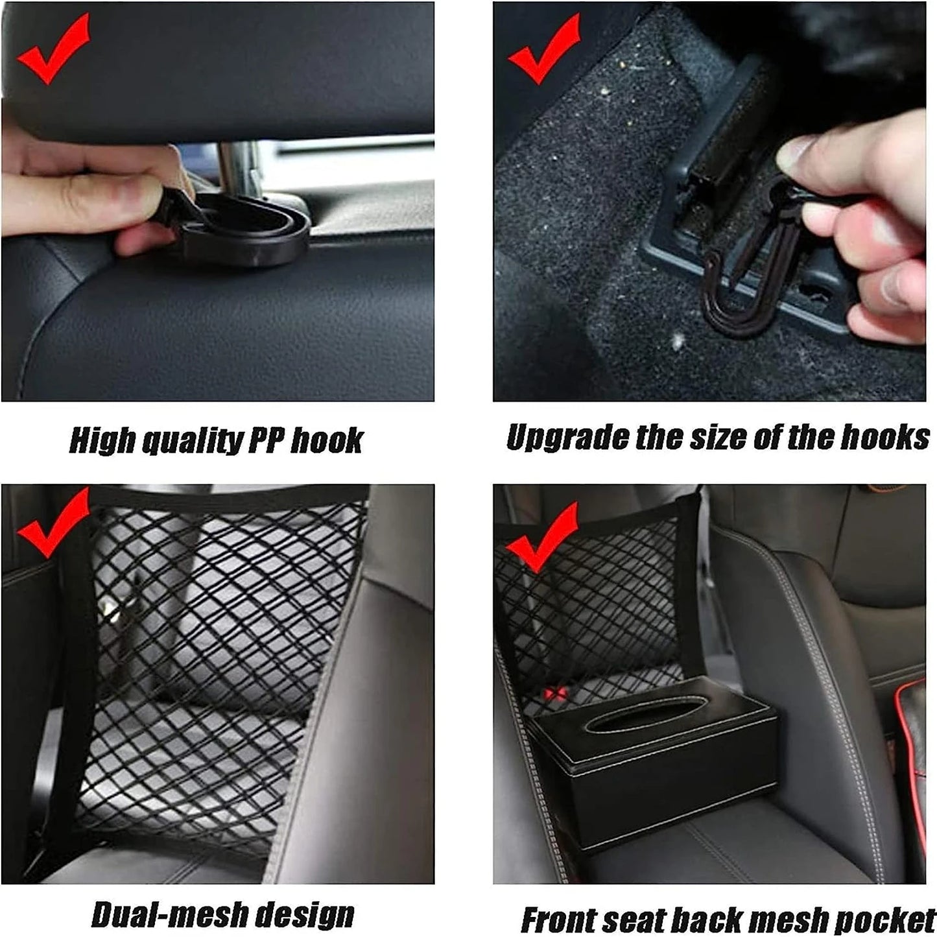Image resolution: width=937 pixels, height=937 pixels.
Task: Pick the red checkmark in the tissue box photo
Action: [x=541, y=538]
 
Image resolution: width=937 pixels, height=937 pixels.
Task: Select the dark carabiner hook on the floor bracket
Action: [x=746, y=285]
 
